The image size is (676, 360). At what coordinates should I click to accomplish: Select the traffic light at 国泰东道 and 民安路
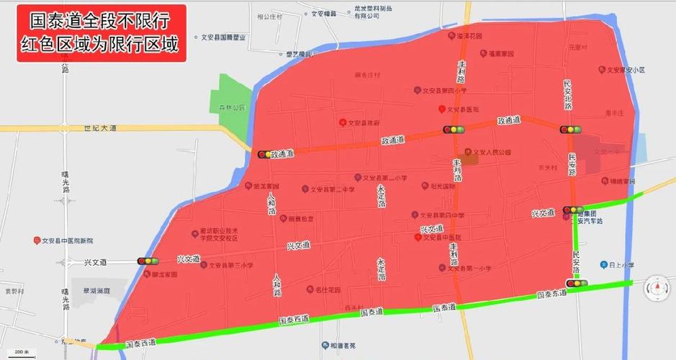(576, 284)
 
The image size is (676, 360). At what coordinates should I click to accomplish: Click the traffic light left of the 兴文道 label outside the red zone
(147, 261)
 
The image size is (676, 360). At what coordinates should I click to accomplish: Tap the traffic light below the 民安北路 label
(569, 130)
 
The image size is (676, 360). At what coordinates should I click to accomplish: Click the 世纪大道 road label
(99, 127)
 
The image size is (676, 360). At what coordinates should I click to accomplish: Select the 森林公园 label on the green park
(233, 107)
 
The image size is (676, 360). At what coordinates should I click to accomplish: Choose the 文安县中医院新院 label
(67, 240)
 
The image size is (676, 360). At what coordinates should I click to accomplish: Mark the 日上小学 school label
(621, 265)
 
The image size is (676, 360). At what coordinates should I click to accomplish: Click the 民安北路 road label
(568, 94)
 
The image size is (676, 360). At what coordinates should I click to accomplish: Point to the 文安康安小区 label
(623, 70)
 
